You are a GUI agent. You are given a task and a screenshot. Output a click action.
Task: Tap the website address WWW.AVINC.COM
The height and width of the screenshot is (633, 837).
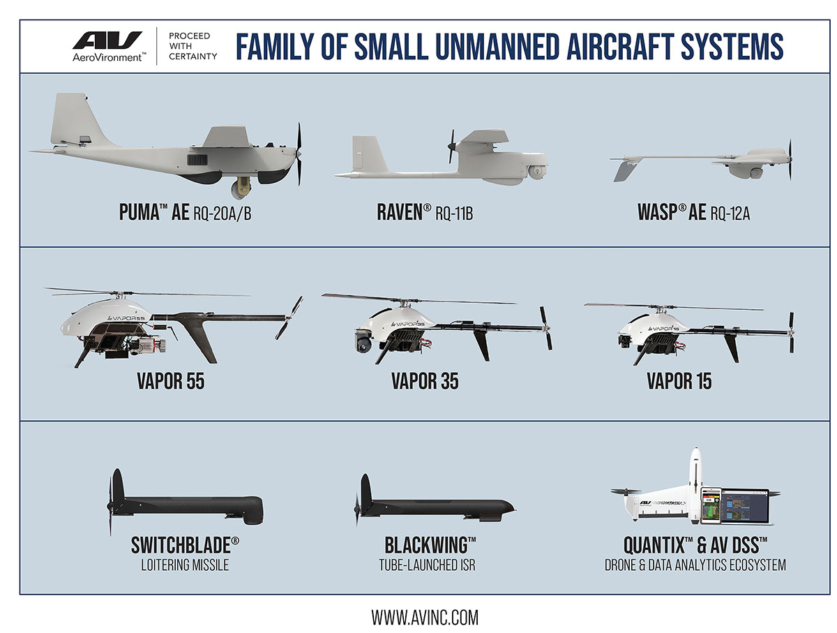(x=424, y=618)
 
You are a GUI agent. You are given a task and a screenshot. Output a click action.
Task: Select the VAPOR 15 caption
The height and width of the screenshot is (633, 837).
(x=679, y=382)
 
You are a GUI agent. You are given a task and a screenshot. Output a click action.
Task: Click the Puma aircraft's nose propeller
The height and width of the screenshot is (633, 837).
(x=299, y=154)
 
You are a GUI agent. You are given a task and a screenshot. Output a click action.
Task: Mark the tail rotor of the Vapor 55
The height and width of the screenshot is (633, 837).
(x=289, y=317)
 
